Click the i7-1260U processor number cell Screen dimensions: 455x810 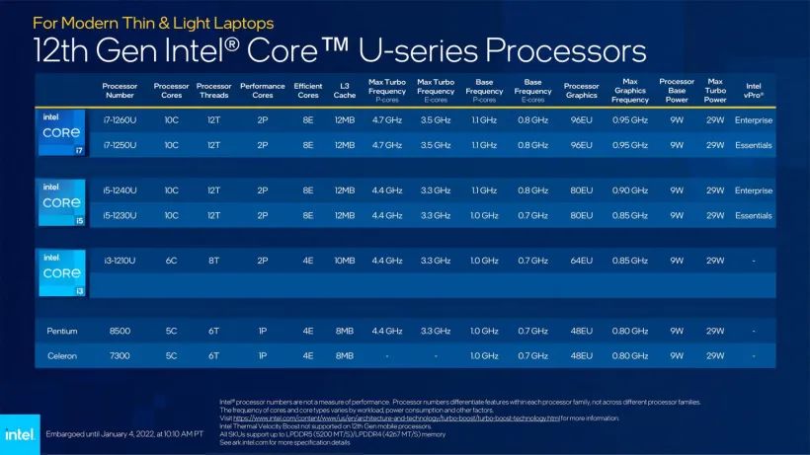(120, 120)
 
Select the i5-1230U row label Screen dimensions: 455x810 (120, 215)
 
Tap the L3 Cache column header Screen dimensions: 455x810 (344, 91)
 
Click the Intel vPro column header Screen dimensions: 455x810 (754, 91)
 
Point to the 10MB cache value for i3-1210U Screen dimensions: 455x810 (344, 261)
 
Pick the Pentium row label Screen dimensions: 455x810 (61, 331)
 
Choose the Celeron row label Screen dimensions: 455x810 (61, 355)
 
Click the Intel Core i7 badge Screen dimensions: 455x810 (61, 132)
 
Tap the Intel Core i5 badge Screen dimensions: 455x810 (61, 201)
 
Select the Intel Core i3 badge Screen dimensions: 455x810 (61, 272)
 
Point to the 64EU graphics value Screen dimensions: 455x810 (581, 261)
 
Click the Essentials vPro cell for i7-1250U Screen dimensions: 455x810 (754, 145)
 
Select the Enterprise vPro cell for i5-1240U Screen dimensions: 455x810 (754, 190)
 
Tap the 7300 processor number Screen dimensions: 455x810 (120, 355)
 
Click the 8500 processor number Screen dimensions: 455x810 (120, 331)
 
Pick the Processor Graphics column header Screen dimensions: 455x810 (581, 91)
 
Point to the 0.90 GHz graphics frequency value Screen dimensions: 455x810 (630, 190)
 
